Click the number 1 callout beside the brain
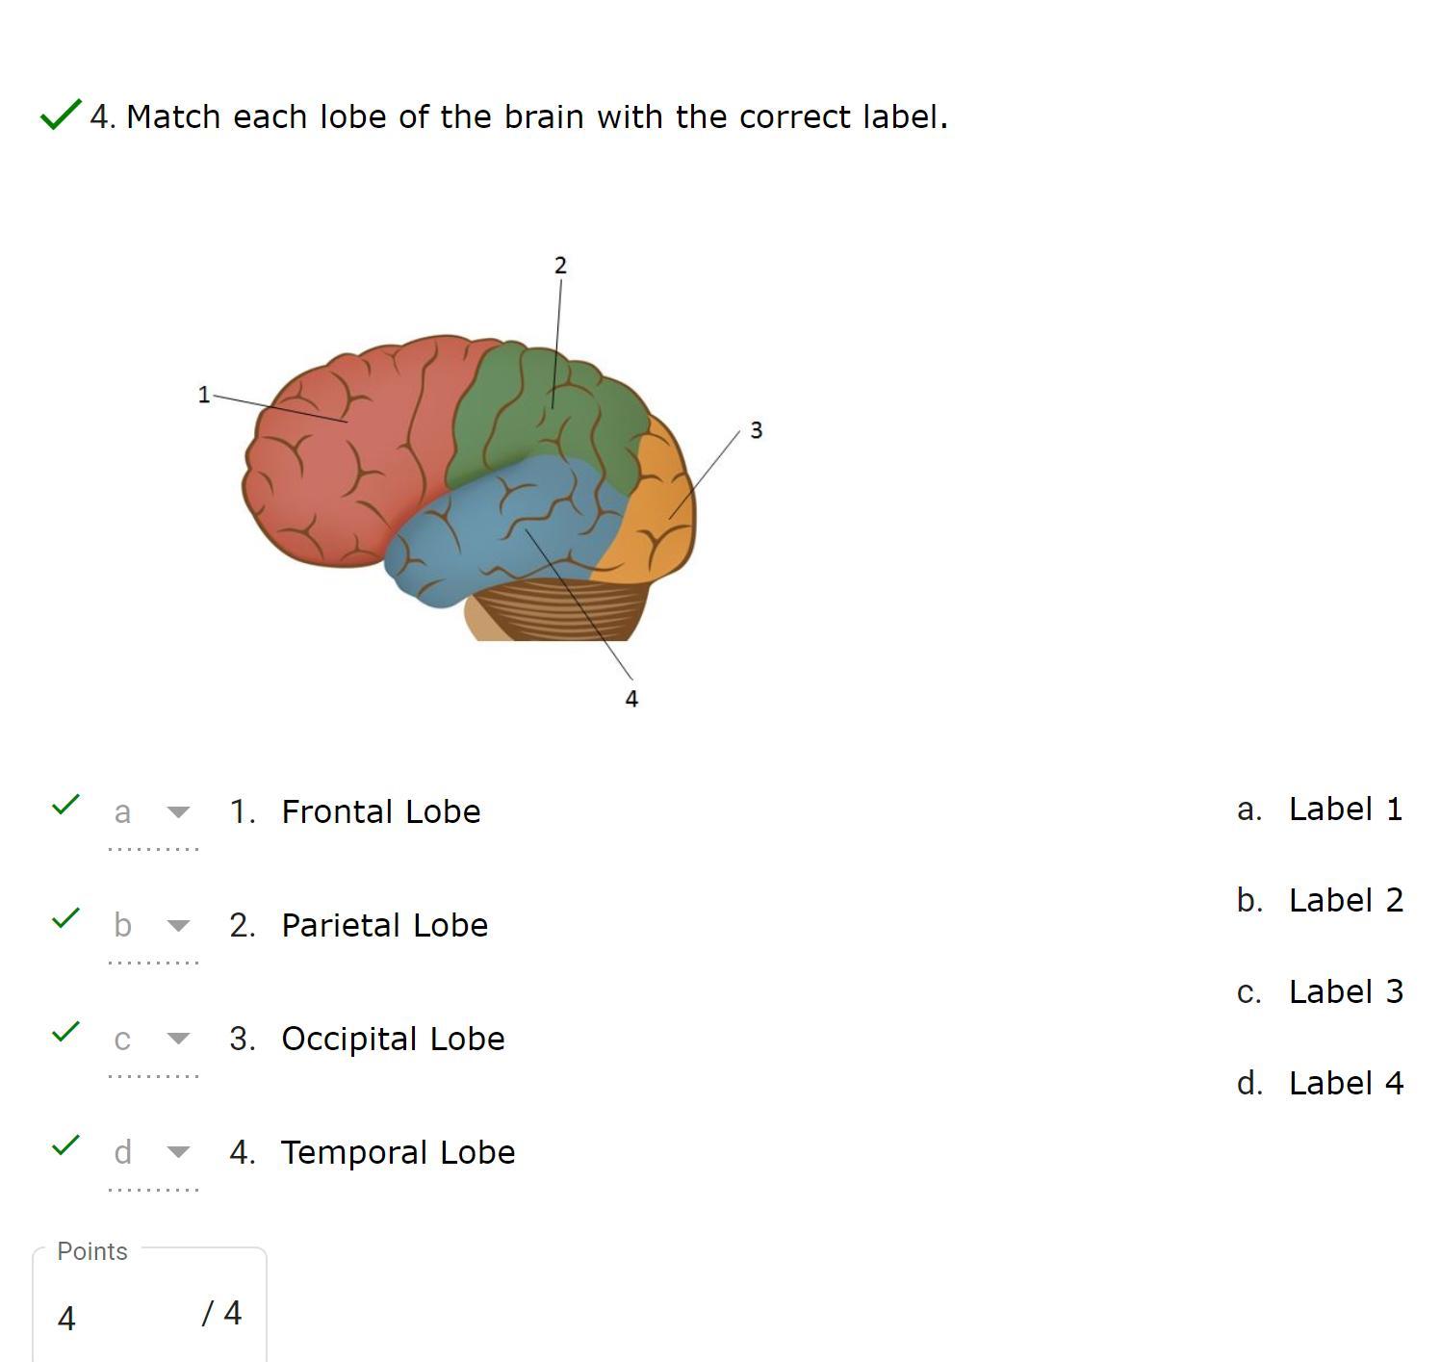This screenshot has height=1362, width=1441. tap(203, 395)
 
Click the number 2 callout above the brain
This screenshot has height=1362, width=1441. tap(560, 266)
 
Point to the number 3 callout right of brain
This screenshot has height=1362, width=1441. tap(756, 430)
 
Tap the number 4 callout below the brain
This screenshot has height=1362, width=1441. tap(631, 699)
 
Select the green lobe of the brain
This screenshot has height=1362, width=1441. tap(539, 404)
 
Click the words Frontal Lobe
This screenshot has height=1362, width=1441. tap(380, 811)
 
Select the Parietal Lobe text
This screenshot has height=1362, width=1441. tap(384, 925)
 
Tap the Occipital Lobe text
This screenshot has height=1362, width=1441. tap(393, 1039)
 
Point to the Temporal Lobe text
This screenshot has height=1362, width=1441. tap(398, 1152)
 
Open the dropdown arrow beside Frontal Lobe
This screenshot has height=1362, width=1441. tap(178, 812)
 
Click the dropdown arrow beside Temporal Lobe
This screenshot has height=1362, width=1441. tap(178, 1152)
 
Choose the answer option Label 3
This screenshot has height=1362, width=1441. tap(1345, 991)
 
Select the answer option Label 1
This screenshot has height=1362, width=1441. tap(1345, 809)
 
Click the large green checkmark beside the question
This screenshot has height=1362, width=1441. tap(60, 115)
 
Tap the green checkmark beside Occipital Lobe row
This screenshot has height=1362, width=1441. tap(64, 1032)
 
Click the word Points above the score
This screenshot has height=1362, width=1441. tap(92, 1251)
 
